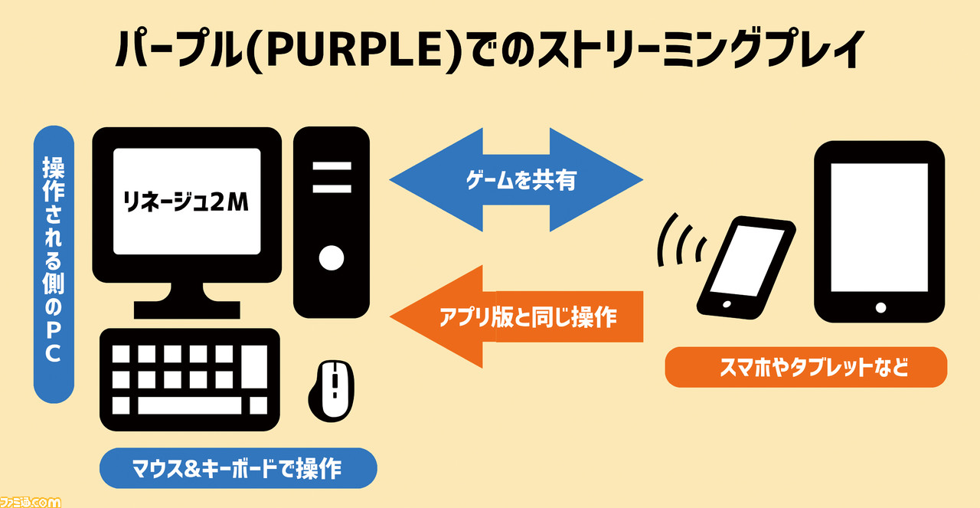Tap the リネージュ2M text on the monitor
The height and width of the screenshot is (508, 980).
[186, 202]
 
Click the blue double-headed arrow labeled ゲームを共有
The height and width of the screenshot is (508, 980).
[516, 179]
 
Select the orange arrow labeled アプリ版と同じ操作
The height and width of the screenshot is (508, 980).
[516, 316]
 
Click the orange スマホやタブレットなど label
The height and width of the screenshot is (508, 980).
[806, 367]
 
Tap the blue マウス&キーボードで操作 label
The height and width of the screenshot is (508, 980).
[238, 468]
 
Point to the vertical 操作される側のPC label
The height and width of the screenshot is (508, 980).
[54, 264]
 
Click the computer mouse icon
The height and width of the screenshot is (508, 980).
[332, 391]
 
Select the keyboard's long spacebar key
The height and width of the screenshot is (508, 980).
[190, 405]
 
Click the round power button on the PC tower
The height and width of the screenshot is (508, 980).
[332, 258]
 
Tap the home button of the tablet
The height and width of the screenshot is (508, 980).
[880, 308]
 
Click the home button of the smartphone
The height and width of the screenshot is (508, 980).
[727, 304]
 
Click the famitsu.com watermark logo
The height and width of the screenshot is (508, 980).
[30, 502]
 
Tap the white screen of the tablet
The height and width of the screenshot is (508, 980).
[880, 228]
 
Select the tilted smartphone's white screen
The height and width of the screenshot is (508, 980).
[746, 261]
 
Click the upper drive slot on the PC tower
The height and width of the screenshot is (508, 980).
[332, 166]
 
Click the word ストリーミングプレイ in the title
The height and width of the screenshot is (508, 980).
[701, 50]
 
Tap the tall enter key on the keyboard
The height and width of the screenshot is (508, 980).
[254, 366]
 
